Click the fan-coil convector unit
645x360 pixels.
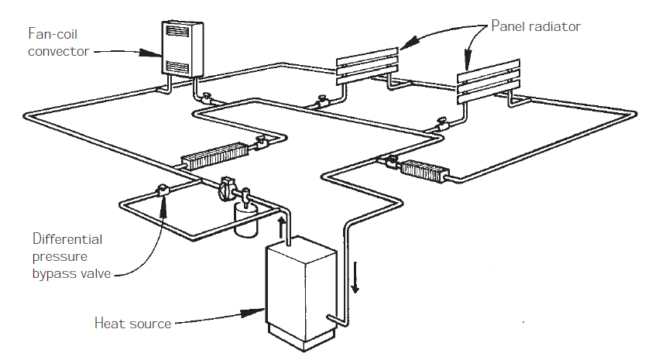(x=182, y=47)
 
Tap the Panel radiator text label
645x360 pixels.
(x=536, y=26)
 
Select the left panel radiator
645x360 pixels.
(x=368, y=66)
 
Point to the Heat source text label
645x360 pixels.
(x=132, y=323)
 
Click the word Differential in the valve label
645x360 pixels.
(x=67, y=238)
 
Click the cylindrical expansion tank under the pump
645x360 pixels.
(x=245, y=220)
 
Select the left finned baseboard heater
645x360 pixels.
(x=213, y=156)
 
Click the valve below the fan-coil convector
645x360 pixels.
(x=207, y=100)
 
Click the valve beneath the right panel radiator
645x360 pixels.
(x=444, y=122)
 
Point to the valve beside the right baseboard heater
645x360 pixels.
(x=391, y=162)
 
